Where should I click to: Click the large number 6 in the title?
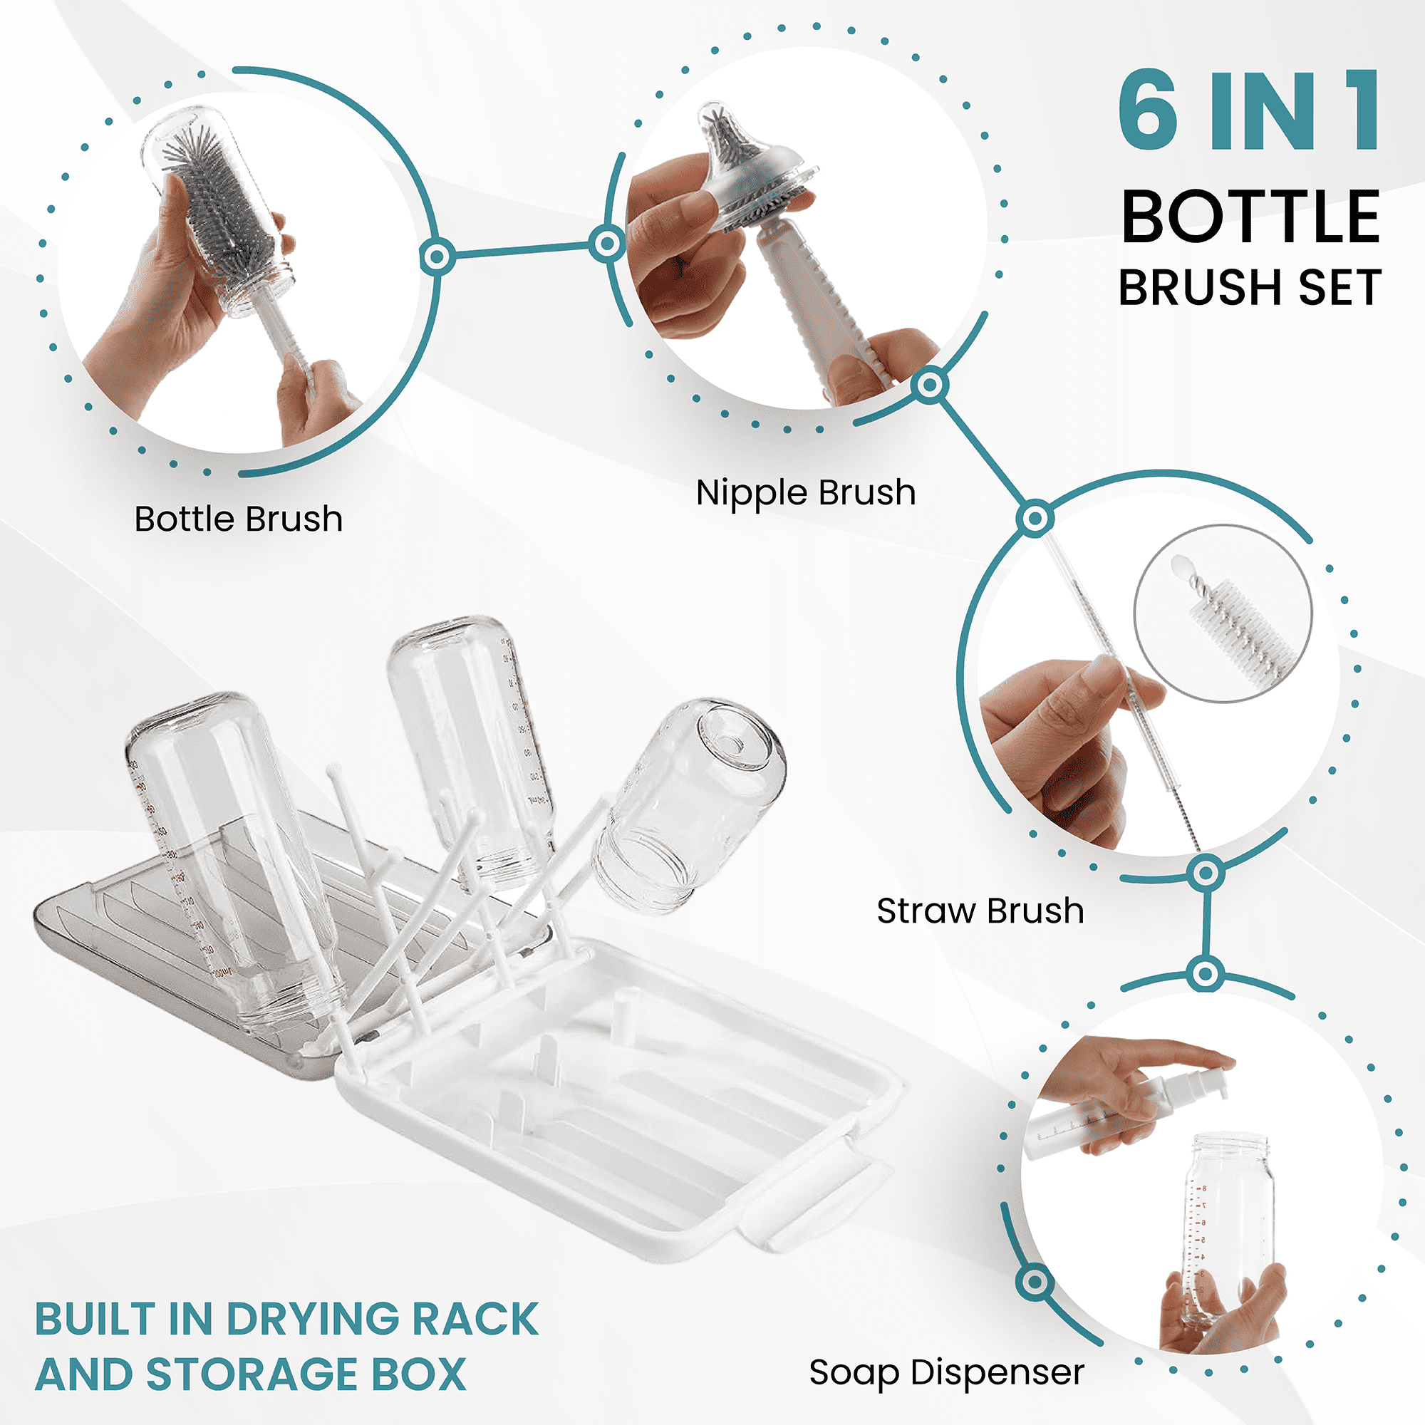[1148, 110]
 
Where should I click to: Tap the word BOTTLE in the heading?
[1250, 217]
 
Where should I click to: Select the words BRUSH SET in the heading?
[1250, 287]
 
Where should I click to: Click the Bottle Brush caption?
[238, 519]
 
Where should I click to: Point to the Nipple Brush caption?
[805, 493]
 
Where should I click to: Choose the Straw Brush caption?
[980, 911]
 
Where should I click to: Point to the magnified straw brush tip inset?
[1223, 613]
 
